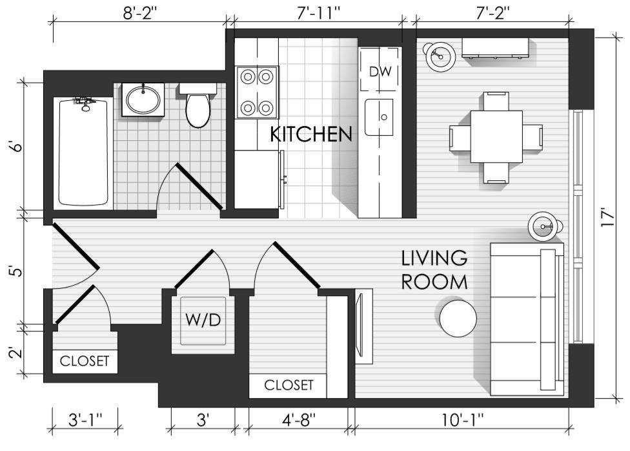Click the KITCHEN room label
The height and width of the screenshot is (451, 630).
point(310,134)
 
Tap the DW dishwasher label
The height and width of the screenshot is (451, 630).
point(380,72)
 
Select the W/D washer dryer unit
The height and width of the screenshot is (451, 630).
point(203,320)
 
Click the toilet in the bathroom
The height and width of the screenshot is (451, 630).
point(198,105)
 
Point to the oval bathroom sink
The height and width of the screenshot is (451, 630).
point(143,100)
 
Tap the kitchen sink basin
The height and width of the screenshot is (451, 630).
point(379,117)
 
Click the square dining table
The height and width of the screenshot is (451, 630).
point(496,136)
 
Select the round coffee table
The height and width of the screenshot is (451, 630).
point(458,318)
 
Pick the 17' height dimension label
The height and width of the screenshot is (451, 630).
point(607,217)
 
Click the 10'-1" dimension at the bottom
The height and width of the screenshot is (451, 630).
point(462,420)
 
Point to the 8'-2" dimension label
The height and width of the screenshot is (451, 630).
point(140,13)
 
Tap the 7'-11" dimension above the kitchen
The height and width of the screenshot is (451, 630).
point(318,13)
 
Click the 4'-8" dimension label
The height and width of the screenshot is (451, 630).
point(298,420)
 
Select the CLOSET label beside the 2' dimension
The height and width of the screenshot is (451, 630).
point(85,361)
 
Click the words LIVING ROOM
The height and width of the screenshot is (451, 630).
point(434,270)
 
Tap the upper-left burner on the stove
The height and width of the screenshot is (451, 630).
point(248,76)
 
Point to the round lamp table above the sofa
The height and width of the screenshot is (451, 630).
point(542,227)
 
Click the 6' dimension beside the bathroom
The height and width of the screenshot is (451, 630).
point(17,146)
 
